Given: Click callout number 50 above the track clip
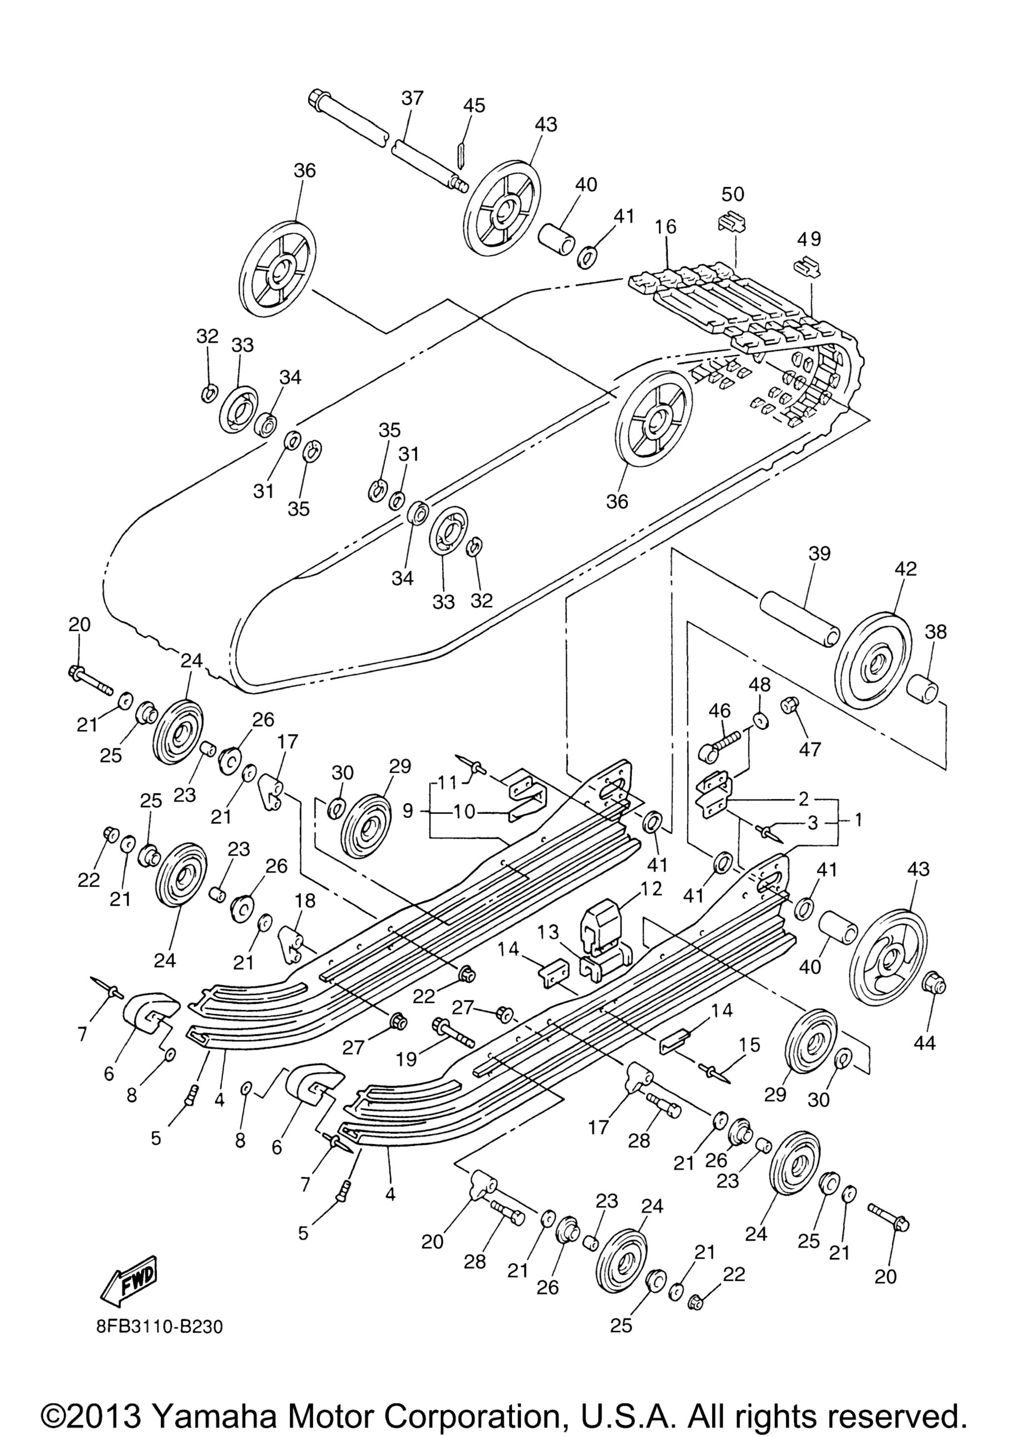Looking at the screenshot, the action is coord(733,194).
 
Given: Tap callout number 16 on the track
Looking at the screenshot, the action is coord(666,227).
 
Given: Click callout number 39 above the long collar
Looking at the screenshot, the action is coord(819,553).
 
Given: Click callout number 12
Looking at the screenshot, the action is coord(652,888).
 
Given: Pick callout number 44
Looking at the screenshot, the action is coord(925,1043).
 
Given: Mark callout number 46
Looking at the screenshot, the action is coord(720,710).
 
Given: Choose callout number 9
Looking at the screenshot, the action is coord(407,811).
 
